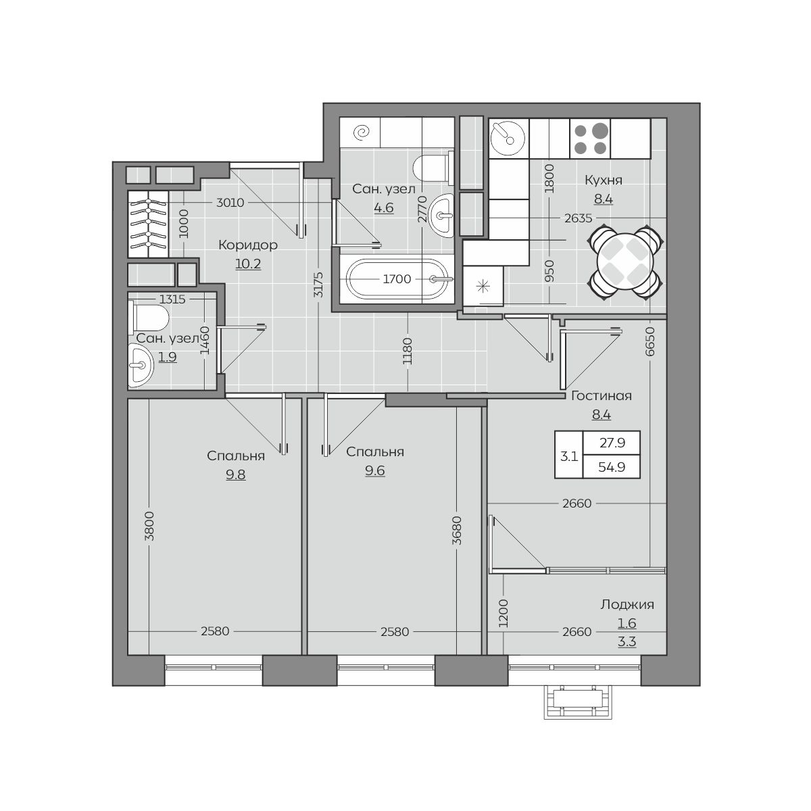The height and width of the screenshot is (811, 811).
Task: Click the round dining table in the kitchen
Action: tap(626, 261)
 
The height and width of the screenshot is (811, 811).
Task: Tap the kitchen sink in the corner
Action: tap(508, 138)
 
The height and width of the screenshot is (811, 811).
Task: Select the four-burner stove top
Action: tap(590, 139)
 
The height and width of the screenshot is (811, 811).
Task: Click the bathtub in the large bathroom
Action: tap(396, 279)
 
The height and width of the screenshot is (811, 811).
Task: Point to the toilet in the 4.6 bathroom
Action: tap(433, 168)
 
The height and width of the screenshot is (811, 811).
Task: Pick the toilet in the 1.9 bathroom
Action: tap(149, 318)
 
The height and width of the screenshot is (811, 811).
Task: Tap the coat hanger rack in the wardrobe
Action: tap(148, 224)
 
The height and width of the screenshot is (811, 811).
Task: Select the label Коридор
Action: tap(248, 245)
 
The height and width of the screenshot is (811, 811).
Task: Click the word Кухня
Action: tap(603, 180)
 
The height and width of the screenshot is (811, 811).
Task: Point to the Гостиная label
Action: tap(601, 395)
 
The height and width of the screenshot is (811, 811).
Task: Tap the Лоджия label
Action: tap(626, 604)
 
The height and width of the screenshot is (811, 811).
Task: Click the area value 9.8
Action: tap(235, 474)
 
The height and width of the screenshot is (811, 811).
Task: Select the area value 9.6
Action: tap(374, 470)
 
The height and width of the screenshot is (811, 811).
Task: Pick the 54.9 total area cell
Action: tap(612, 467)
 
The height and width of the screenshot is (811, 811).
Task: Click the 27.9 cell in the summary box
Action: tap(612, 443)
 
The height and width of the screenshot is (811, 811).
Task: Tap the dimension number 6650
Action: tap(650, 342)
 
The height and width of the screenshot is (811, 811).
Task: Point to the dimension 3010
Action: tap(230, 203)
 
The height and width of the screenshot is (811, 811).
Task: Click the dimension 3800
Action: tap(149, 526)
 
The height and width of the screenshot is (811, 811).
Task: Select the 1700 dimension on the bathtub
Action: tap(397, 279)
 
